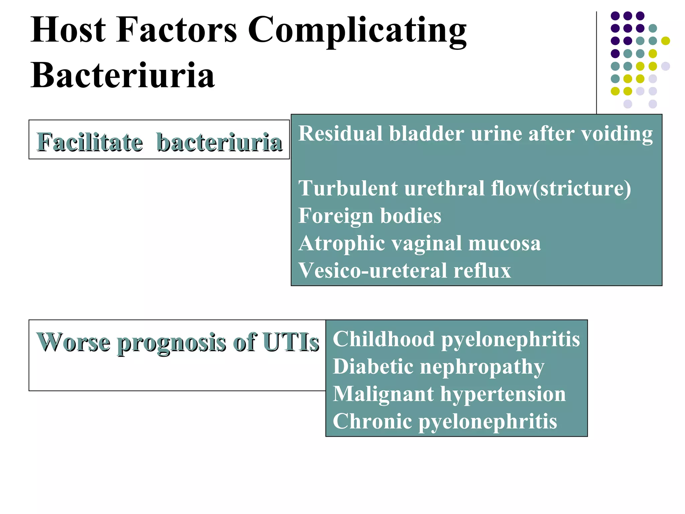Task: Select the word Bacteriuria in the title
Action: (x=122, y=76)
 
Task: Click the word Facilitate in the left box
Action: (x=90, y=142)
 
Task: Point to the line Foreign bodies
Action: (x=370, y=216)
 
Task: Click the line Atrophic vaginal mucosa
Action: (x=419, y=243)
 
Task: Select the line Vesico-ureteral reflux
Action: (x=405, y=270)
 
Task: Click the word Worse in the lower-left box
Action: (x=73, y=342)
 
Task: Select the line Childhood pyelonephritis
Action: (x=456, y=339)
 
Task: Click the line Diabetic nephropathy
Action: (x=438, y=367)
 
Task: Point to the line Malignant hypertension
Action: (x=449, y=394)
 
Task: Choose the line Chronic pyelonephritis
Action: (x=445, y=421)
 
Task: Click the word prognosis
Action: (x=171, y=343)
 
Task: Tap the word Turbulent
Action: (x=348, y=188)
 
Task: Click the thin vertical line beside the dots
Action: (x=596, y=64)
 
